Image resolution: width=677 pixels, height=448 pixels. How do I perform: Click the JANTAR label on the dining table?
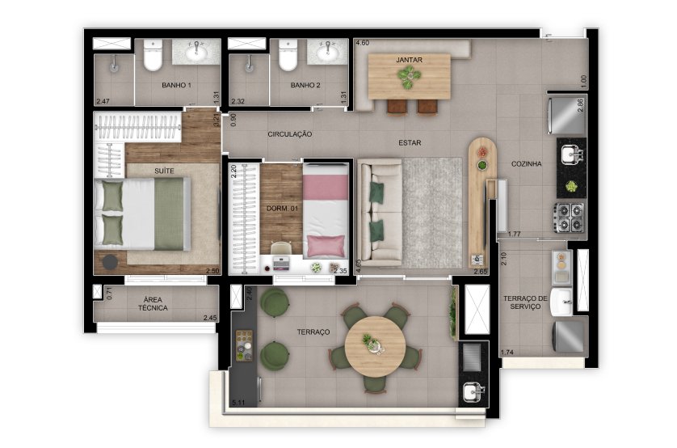[410, 60]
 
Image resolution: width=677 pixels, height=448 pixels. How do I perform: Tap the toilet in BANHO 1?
[153, 55]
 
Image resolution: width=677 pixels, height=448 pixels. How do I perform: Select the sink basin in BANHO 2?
[328, 53]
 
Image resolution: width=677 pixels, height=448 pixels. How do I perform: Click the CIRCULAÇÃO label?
[290, 134]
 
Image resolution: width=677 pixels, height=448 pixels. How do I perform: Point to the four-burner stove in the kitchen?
[569, 218]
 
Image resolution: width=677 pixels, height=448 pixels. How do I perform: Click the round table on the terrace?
[375, 346]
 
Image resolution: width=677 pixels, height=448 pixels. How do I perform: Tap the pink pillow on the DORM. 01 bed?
[326, 247]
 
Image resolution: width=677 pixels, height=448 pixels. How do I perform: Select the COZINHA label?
[526, 164]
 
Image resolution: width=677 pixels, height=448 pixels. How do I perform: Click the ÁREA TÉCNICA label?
[153, 304]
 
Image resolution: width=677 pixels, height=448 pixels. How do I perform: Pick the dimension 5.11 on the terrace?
[238, 403]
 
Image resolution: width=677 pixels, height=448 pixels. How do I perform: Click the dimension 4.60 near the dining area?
[362, 43]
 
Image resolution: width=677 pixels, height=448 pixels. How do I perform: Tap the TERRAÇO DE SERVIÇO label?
[525, 302]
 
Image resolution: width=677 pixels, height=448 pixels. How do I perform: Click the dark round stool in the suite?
[110, 262]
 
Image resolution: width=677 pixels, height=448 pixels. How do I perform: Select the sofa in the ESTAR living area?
[381, 213]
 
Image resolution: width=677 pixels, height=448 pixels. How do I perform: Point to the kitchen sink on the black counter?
[572, 154]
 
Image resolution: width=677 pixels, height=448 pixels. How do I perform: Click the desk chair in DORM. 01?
[281, 248]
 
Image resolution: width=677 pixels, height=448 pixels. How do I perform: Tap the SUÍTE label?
[165, 171]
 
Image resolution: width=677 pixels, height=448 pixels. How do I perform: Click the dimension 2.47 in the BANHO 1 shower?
[103, 102]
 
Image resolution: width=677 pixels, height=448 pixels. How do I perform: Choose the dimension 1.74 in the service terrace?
[507, 352]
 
